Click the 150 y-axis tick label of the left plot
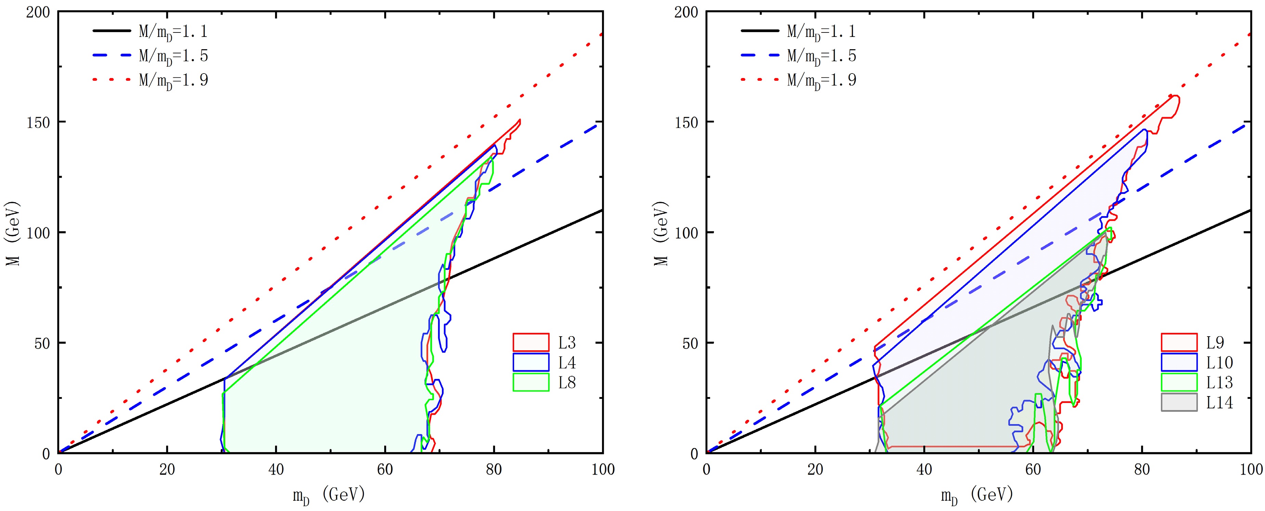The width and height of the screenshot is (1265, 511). pos(38,122)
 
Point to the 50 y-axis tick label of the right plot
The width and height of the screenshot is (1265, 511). pos(690,343)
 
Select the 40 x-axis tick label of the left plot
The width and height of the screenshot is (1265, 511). pos(276,470)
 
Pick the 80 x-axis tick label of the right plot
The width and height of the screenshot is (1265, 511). pos(1142,470)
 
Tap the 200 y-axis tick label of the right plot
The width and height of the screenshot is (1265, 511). pos(687,12)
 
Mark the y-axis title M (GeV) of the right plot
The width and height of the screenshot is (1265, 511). pos(661,233)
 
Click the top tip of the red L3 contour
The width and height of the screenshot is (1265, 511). pos(520,120)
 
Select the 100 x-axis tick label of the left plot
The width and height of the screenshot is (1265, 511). pos(602,470)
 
